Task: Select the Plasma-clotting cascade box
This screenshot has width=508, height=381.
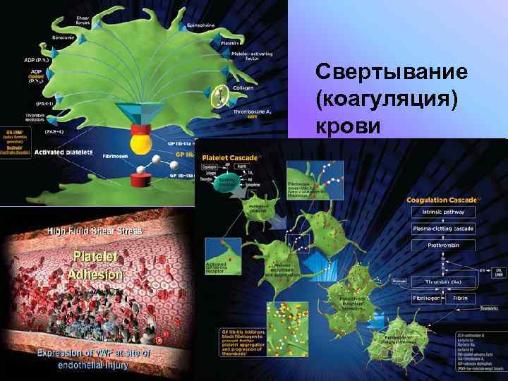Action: (x=444, y=229)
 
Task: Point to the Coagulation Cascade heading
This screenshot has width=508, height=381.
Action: (x=444, y=200)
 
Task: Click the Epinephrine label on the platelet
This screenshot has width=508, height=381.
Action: (x=201, y=24)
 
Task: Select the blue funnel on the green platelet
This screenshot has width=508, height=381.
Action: (x=145, y=114)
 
